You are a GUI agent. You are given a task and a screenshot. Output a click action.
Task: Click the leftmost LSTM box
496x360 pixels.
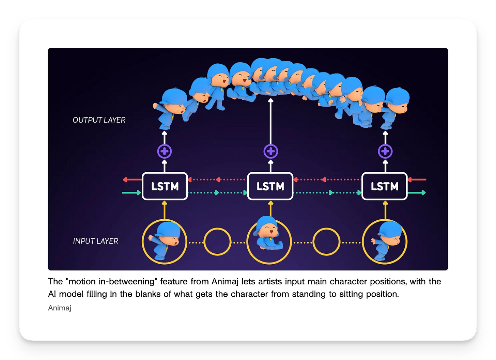point(165,186)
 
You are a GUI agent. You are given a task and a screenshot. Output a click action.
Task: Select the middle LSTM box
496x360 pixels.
point(270,186)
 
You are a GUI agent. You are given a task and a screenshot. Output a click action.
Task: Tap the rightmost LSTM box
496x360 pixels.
point(384,186)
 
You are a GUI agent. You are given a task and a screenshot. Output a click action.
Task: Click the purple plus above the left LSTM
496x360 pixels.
point(165,151)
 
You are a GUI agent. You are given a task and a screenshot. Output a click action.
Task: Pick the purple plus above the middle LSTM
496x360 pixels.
point(271,151)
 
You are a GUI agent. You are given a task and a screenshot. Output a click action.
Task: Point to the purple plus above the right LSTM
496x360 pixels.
point(385,151)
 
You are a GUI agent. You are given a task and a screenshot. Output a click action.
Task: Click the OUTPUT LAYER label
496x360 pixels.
point(99,120)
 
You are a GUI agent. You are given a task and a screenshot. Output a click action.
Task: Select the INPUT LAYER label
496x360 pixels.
point(96,241)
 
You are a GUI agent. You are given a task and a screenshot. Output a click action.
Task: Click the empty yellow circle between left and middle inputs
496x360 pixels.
point(217,242)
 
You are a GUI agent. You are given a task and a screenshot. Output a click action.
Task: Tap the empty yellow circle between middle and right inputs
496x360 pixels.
point(326,242)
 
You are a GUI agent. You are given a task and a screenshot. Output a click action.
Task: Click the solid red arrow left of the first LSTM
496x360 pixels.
point(132,179)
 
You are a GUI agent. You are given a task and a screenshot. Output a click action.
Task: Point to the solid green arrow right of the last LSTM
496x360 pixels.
point(417,193)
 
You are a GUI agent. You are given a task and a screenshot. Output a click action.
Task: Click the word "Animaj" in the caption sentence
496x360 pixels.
point(225,282)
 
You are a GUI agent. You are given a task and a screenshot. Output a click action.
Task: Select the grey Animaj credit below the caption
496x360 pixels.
point(60,308)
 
